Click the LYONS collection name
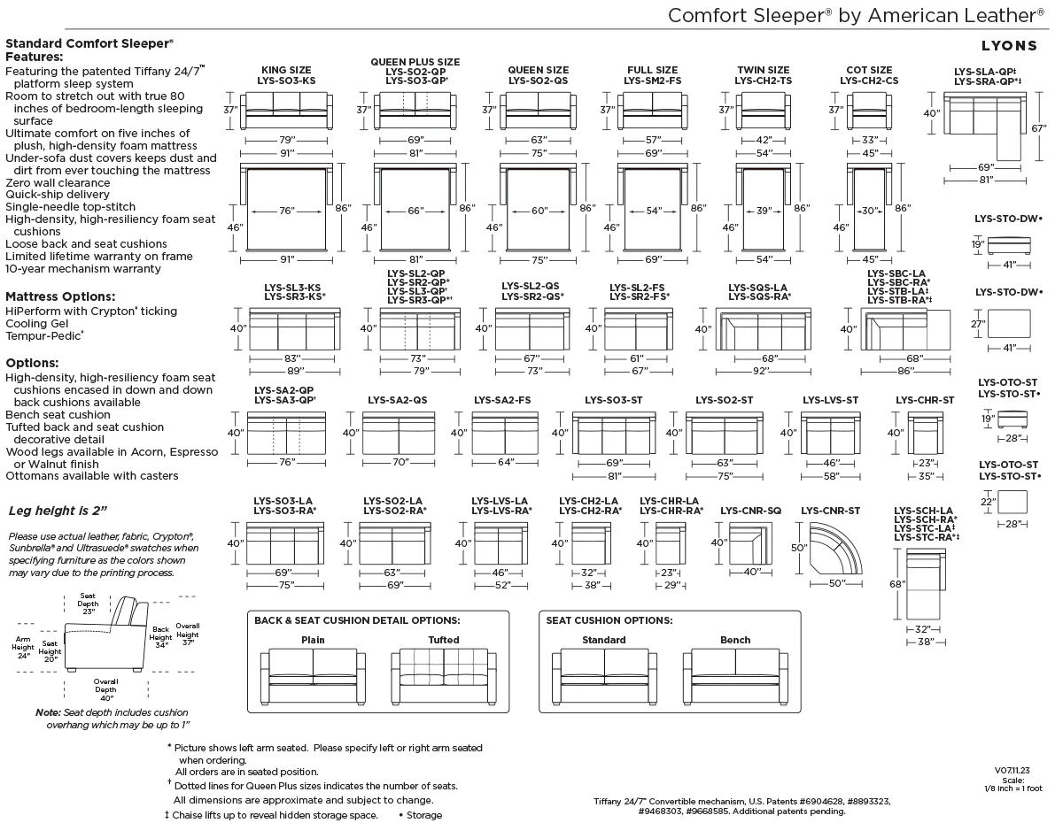[x=1009, y=46]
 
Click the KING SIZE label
[x=286, y=70]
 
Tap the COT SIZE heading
[x=869, y=70]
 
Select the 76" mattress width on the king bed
[x=287, y=211]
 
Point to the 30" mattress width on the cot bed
[x=869, y=211]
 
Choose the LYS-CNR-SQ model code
[x=751, y=511]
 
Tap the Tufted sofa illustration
[x=444, y=676]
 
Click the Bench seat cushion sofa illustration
[x=735, y=676]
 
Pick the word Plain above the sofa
[x=313, y=640]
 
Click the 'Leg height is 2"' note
[x=58, y=511]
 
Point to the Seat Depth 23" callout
[x=88, y=604]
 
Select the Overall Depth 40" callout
[x=105, y=689]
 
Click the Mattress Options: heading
[x=60, y=296]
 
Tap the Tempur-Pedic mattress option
[x=44, y=335]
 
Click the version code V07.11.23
[x=1013, y=770]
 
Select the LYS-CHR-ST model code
[x=925, y=400]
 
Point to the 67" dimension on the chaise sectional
[x=1038, y=128]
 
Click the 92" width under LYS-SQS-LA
[x=761, y=371]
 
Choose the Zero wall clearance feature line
[x=58, y=183]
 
